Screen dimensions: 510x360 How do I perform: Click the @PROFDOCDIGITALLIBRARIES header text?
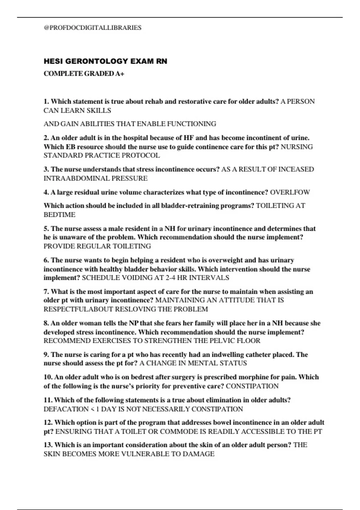[x=92, y=28]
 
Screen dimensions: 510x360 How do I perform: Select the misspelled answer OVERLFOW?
[x=290, y=192]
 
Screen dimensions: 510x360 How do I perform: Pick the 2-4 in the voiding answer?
[x=170, y=278]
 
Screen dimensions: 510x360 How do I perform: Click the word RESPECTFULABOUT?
[x=78, y=309]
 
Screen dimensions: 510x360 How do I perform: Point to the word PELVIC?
[x=222, y=341]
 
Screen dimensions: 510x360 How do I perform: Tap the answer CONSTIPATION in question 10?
[x=252, y=386]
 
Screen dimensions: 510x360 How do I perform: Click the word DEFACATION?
[x=66, y=409]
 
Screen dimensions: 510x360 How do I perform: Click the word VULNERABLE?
[x=144, y=454]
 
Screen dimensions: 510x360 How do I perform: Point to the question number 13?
[x=48, y=445]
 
